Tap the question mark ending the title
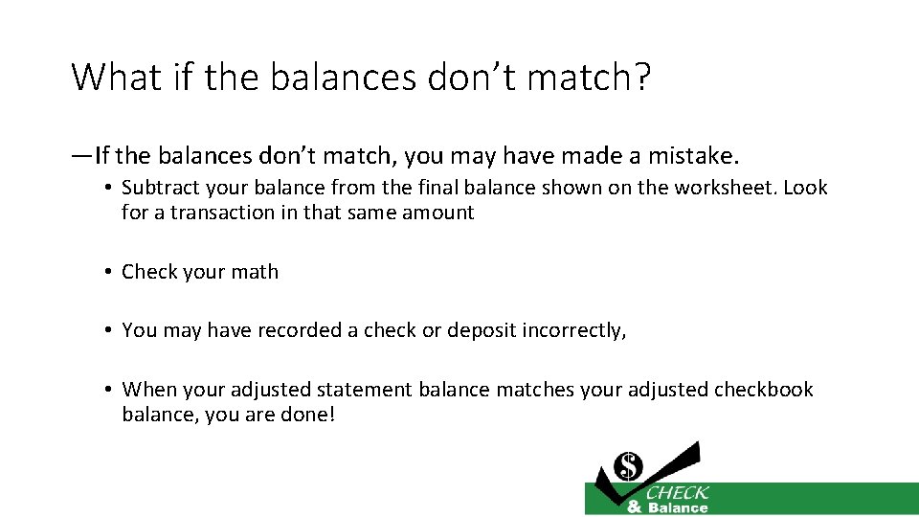click(639, 77)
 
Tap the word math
click(256, 272)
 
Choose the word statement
click(367, 390)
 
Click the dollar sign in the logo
click(629, 466)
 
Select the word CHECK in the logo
click(677, 493)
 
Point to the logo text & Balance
click(667, 507)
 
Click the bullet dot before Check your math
click(109, 272)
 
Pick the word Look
click(805, 188)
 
